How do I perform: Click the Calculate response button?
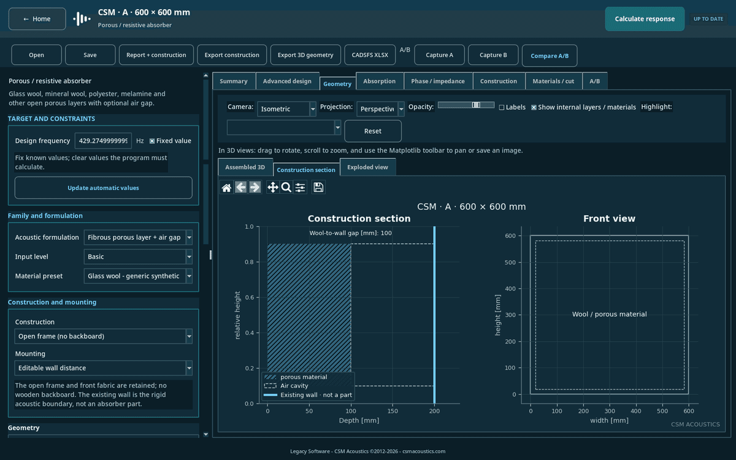click(645, 19)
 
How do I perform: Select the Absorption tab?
click(379, 81)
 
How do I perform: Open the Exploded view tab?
click(367, 167)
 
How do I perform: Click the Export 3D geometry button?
click(305, 55)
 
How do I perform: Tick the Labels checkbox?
click(502, 107)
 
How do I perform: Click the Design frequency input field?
click(103, 140)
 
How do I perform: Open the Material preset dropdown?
click(138, 276)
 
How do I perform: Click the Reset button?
click(373, 131)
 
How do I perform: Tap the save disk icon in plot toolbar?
click(318, 187)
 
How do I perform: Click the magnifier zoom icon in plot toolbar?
click(286, 187)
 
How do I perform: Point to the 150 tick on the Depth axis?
click(393, 411)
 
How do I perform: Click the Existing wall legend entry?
click(308, 395)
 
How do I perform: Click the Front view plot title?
click(609, 218)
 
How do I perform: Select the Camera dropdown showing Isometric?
click(286, 109)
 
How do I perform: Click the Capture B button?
click(493, 55)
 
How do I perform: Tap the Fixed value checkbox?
click(152, 141)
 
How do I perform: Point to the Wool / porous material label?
click(609, 314)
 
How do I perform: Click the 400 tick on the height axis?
click(510, 288)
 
